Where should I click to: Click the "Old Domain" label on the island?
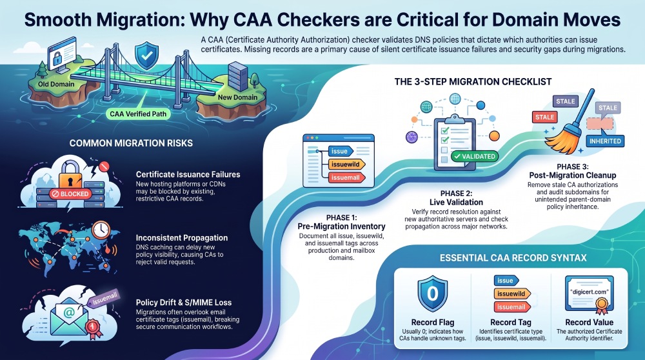[56, 85]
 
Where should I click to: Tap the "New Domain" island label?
[237, 97]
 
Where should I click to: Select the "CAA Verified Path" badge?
[138, 114]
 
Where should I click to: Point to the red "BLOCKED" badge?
[70, 194]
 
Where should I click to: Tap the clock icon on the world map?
[101, 230]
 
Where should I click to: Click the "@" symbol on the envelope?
[69, 313]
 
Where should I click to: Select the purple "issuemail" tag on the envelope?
[104, 299]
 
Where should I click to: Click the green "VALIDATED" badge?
[475, 156]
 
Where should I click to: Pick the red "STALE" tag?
[544, 117]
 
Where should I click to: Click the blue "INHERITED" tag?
[605, 141]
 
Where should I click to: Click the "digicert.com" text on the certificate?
[589, 292]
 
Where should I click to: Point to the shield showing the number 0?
[432, 294]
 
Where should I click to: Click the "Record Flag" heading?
[433, 322]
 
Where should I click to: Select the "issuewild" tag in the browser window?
[346, 165]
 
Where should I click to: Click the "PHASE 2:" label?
[456, 194]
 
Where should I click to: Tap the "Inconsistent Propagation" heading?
[182, 238]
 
